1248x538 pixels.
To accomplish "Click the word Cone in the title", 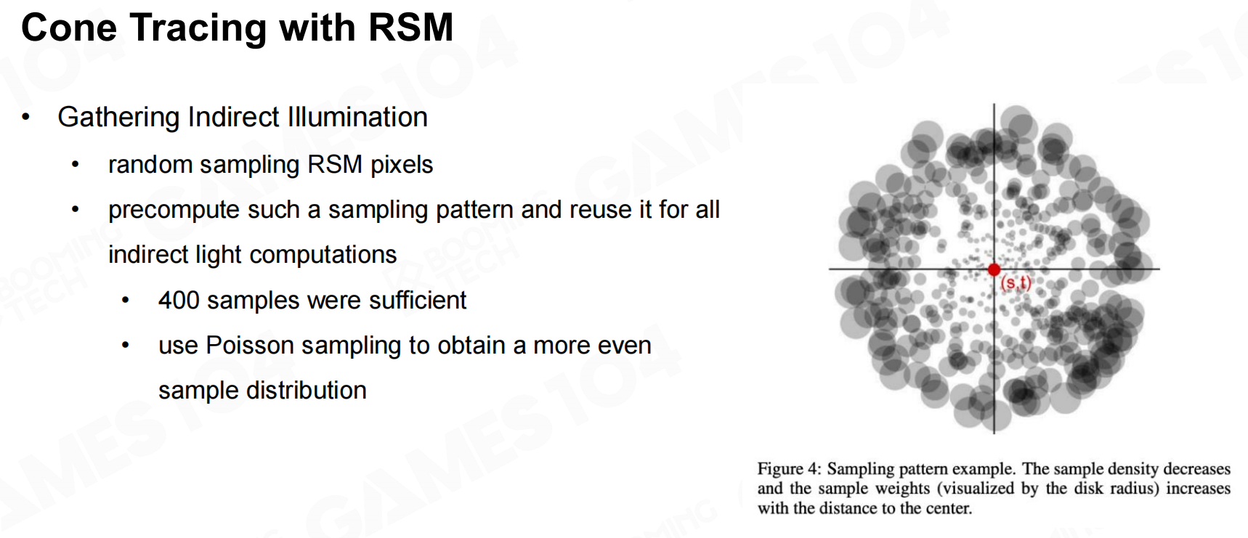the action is [x=69, y=28].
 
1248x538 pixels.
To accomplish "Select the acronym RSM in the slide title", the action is [x=410, y=28].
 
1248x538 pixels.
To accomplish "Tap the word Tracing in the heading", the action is [x=198, y=29].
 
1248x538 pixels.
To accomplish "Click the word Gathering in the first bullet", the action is [x=118, y=118].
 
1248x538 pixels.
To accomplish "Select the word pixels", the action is [x=402, y=165].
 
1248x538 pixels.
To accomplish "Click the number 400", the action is [x=179, y=300].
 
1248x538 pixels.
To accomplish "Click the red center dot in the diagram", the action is [x=994, y=270].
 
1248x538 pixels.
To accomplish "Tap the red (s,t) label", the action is [x=1016, y=283].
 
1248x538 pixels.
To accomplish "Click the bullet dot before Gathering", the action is [x=26, y=117].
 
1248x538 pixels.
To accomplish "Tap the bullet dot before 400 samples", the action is [x=126, y=300].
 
